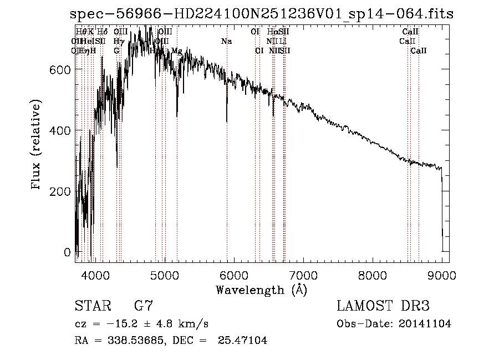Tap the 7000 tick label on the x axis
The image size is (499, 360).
303,275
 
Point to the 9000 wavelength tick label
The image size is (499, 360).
442,275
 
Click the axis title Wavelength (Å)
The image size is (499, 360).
261,290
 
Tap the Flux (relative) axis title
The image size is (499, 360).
37,145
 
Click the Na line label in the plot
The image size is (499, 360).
226,42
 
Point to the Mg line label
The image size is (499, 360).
176,51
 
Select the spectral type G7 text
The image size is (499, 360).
143,306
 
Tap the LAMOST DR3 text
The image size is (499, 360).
383,306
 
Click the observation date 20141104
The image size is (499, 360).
427,324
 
